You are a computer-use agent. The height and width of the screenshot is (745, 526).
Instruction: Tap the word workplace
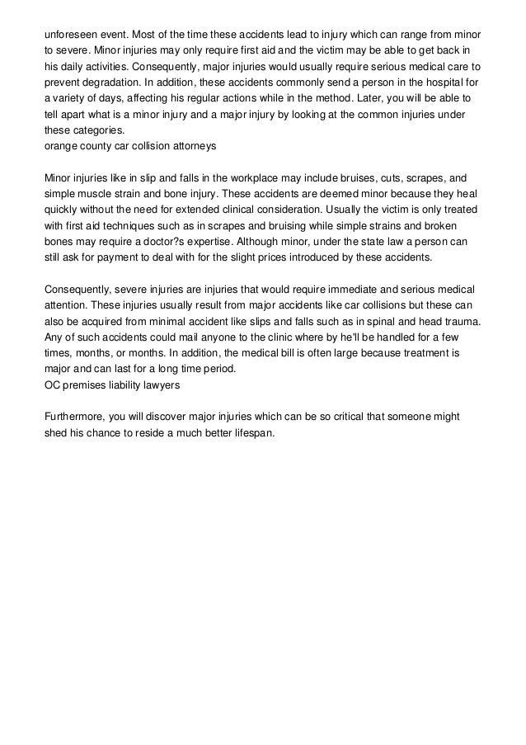tap(254, 177)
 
